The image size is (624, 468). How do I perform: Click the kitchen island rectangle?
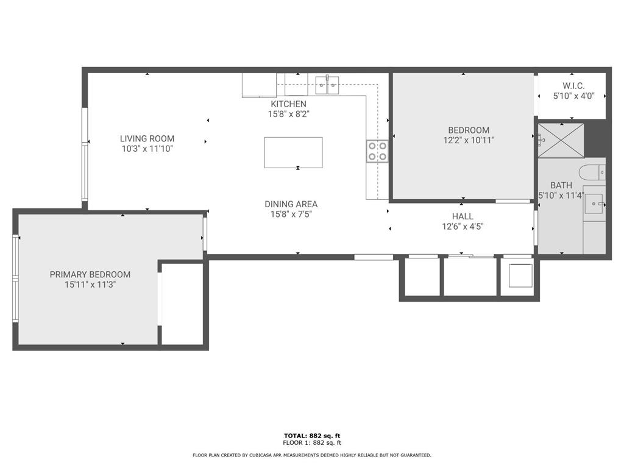point(293,152)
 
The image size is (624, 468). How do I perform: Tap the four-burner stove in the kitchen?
point(377,151)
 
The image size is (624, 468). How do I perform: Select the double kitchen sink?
point(327,85)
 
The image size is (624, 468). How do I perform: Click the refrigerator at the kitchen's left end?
point(259,85)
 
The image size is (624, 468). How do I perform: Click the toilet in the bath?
point(592,172)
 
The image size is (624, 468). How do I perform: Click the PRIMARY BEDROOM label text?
point(90,275)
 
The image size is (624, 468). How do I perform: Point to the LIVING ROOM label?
point(147,139)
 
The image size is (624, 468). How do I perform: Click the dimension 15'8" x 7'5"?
point(291,214)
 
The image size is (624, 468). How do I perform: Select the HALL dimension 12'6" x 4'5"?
point(463,226)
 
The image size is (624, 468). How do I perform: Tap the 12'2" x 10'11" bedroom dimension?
point(468,140)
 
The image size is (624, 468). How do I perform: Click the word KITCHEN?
point(288,104)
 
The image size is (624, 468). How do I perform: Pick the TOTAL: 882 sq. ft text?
point(311,436)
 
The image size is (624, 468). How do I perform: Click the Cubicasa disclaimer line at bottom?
point(311,455)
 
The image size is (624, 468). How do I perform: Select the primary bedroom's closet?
point(182,303)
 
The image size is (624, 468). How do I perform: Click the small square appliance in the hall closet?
point(520,275)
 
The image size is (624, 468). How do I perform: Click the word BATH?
point(561,185)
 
